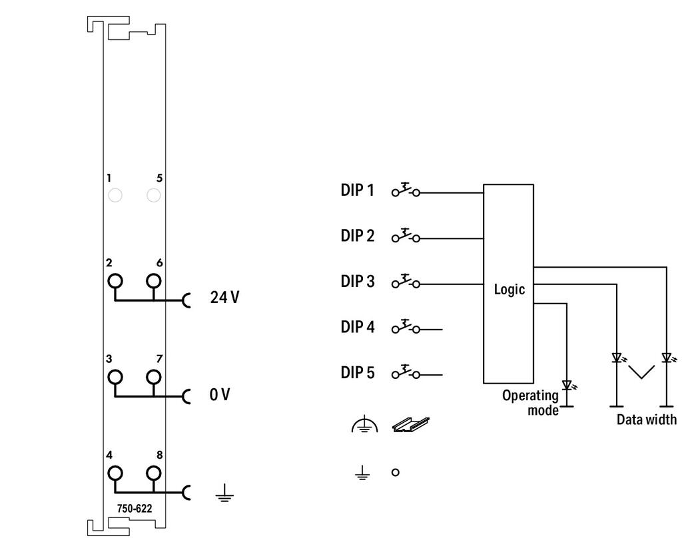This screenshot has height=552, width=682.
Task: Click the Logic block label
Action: (509, 290)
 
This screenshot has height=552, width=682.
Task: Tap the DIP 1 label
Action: (357, 190)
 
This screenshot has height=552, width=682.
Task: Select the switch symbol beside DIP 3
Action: (406, 281)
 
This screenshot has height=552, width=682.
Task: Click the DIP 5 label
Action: (357, 373)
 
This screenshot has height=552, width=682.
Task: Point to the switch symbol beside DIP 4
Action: (406, 327)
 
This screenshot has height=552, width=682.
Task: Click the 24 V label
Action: (224, 298)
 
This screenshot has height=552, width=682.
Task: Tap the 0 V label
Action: (220, 395)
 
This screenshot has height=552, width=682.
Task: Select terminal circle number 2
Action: (115, 281)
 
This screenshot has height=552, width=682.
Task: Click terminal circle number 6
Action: (154, 281)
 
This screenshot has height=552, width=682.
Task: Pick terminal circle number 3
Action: (115, 377)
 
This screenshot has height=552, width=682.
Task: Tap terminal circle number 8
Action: (154, 473)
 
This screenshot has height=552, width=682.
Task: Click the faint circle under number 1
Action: (115, 195)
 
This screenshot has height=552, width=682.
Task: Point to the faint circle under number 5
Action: (154, 195)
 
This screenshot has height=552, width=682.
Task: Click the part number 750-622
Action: (135, 509)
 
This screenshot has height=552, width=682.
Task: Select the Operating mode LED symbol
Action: (567, 385)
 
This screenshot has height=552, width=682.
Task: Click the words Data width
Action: (647, 419)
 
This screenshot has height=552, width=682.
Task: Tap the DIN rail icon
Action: (410, 425)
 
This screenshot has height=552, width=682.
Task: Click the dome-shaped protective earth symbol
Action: (364, 424)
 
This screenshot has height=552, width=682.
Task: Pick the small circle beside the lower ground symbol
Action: (396, 472)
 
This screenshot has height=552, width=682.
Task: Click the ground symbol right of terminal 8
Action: (224, 493)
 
